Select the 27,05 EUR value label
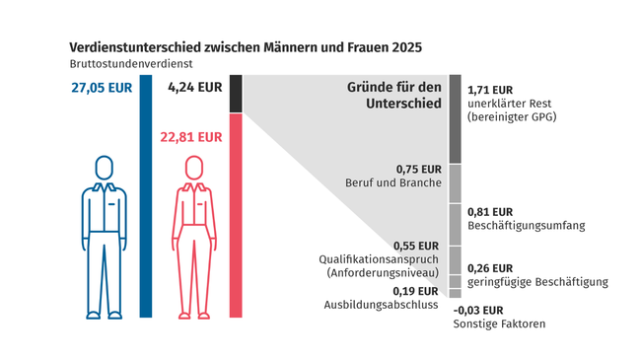(101, 87)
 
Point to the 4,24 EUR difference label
(194, 87)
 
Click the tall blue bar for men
(146, 197)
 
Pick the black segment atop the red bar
(235, 94)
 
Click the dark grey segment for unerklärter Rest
(455, 118)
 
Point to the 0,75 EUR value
(417, 168)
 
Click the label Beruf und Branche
(392, 183)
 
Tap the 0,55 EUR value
(417, 245)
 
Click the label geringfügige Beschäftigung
(535, 282)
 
